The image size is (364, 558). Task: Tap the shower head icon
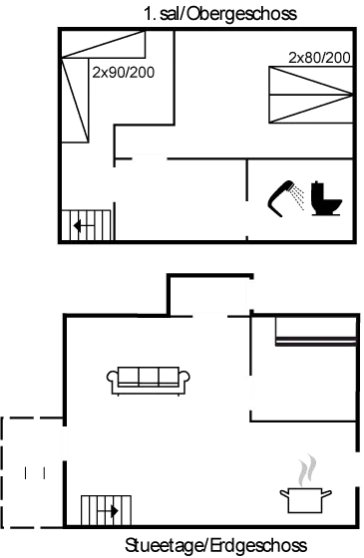[x=288, y=196]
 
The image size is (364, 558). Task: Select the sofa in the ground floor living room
[x=149, y=379]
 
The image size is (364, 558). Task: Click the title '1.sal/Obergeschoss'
[x=220, y=14]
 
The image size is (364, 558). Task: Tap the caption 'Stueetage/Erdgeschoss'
[x=215, y=546]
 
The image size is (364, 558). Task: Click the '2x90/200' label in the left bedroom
[x=117, y=74]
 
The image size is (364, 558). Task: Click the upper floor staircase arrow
[x=82, y=226]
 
